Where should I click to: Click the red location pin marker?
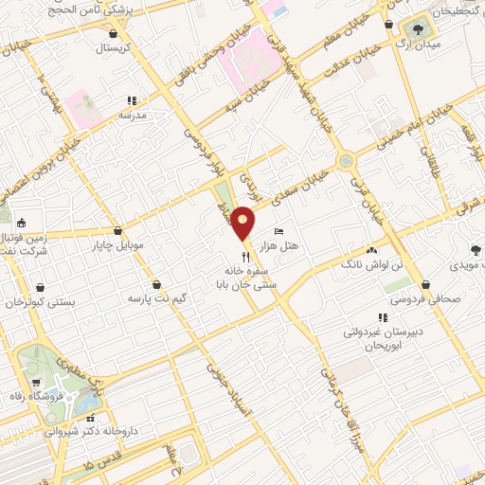point(243,223)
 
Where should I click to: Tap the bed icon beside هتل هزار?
point(278,231)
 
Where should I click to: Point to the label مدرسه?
point(133,115)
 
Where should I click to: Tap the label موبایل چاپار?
point(117,245)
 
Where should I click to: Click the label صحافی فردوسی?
point(427,298)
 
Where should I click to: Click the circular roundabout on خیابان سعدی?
point(348,161)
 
